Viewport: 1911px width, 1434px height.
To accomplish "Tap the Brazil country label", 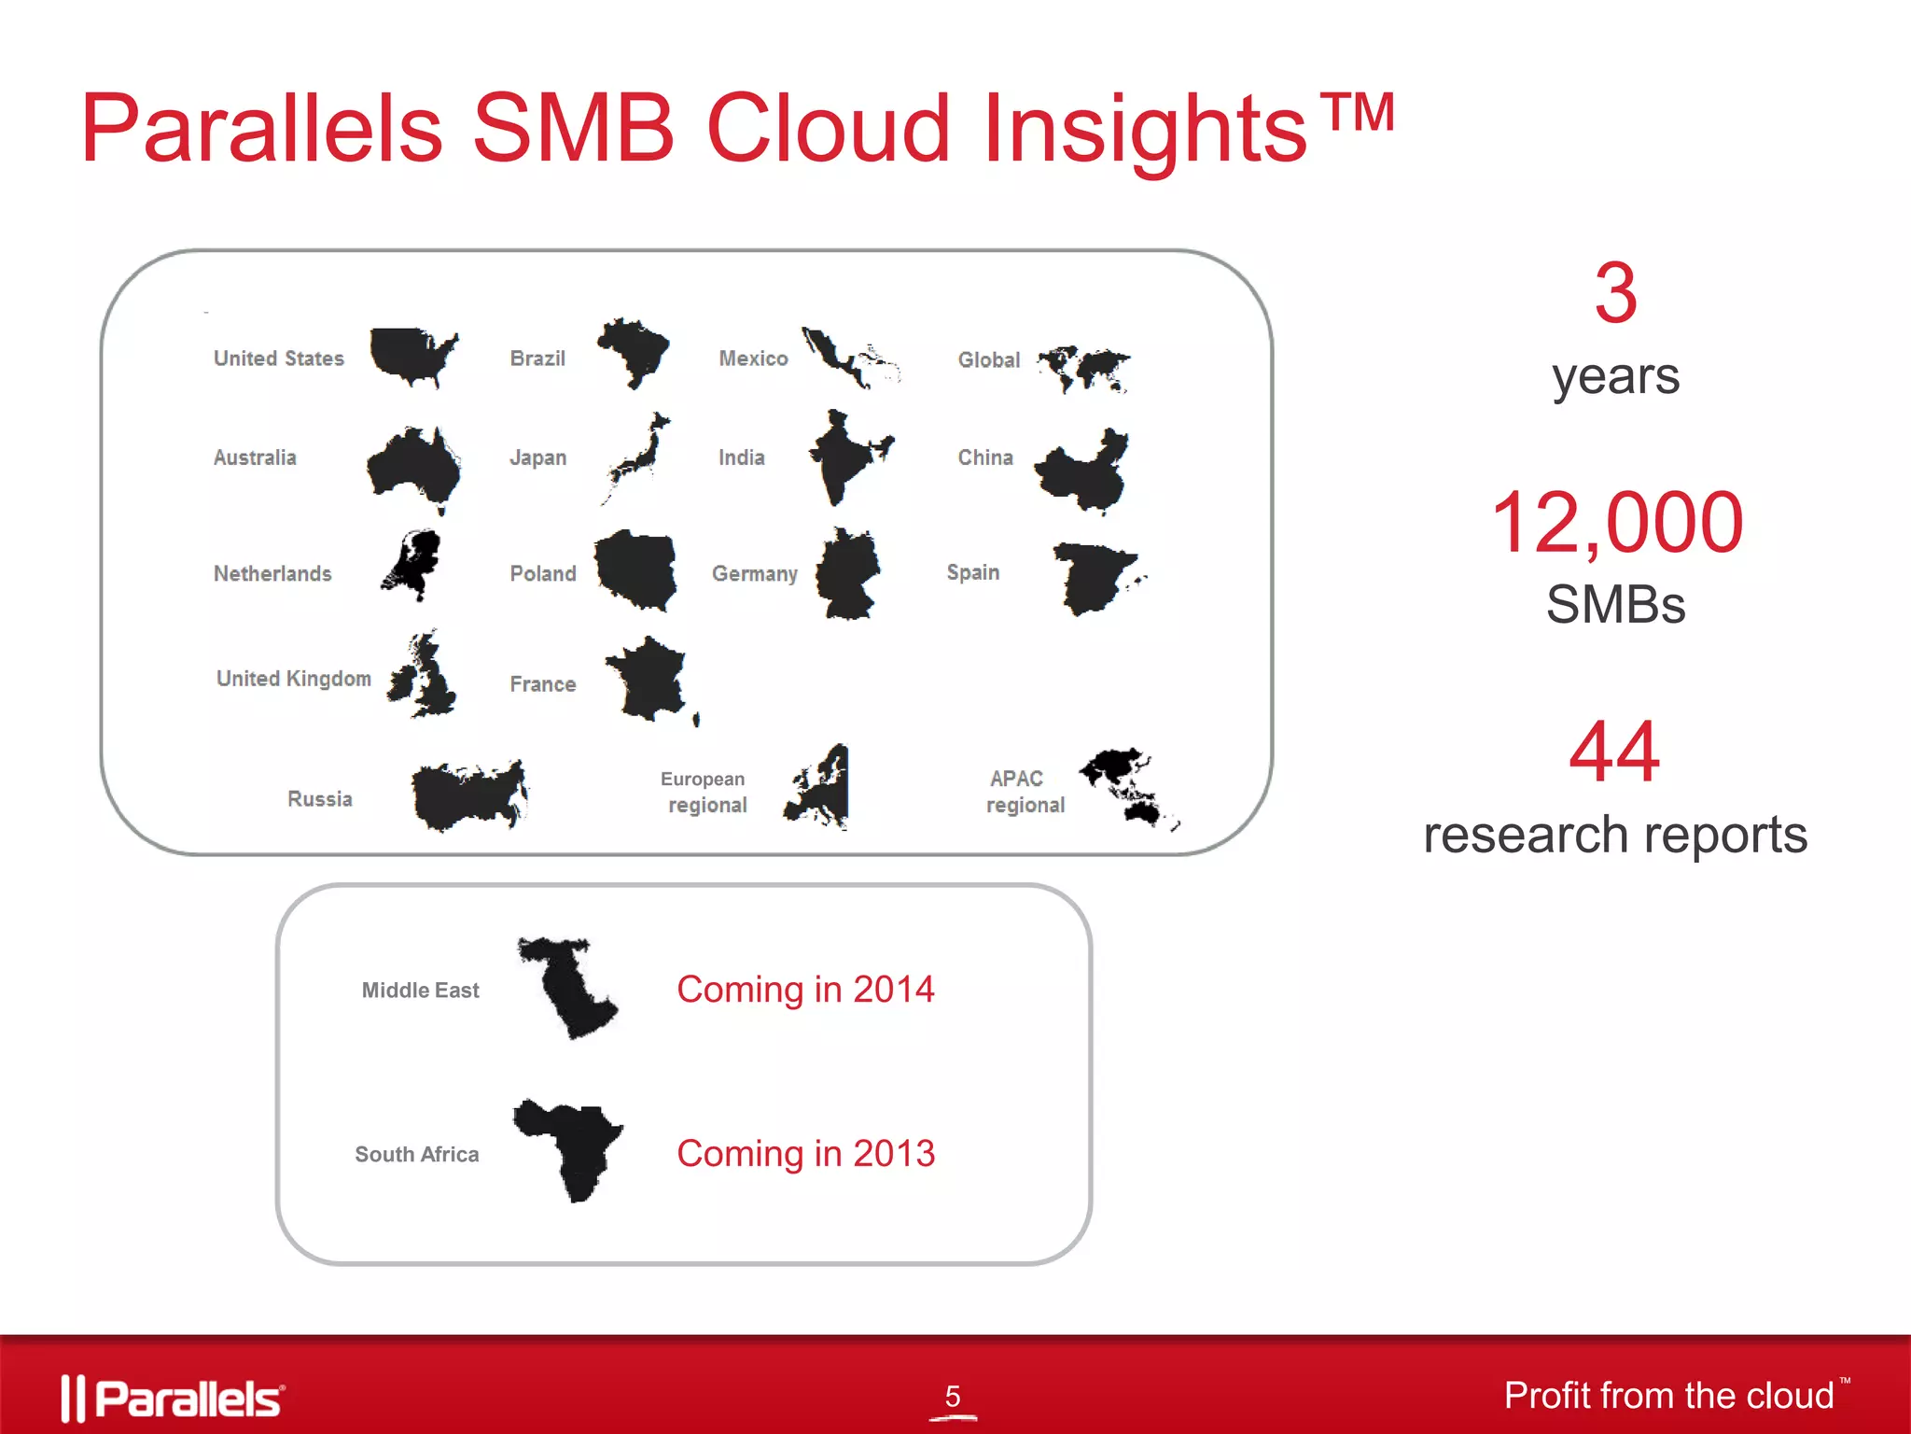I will pos(537,358).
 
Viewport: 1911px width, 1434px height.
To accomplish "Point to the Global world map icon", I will pos(1084,368).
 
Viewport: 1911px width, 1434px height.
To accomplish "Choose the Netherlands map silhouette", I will pos(413,563).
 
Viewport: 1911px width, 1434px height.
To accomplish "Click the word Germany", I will pos(754,573).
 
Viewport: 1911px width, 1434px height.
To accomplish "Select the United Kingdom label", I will pos(294,679).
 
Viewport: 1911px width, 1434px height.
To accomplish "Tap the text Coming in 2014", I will pos(805,990).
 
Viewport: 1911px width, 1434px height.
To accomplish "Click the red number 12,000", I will pos(1616,523).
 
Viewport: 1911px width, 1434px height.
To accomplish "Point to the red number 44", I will pos(1614,752).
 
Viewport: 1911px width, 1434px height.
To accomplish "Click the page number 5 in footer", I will pos(952,1396).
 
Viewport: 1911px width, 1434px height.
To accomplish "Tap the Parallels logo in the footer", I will pos(173,1398).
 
